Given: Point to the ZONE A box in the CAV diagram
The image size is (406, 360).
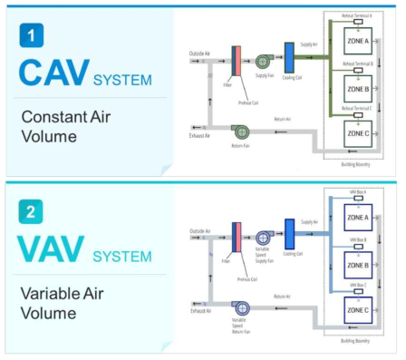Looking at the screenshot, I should [x=357, y=43].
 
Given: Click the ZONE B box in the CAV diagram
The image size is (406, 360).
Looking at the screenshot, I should [x=357, y=89].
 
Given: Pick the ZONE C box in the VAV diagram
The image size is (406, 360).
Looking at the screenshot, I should [x=357, y=310].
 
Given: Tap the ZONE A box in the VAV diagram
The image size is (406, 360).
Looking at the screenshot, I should [x=357, y=219].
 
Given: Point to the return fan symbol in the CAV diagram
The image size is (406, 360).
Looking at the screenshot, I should [x=240, y=132].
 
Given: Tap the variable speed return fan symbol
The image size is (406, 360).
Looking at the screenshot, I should [x=240, y=310].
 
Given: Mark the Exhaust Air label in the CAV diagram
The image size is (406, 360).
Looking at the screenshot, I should [x=199, y=135].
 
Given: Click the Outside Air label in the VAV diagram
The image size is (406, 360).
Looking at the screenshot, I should [x=200, y=231].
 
